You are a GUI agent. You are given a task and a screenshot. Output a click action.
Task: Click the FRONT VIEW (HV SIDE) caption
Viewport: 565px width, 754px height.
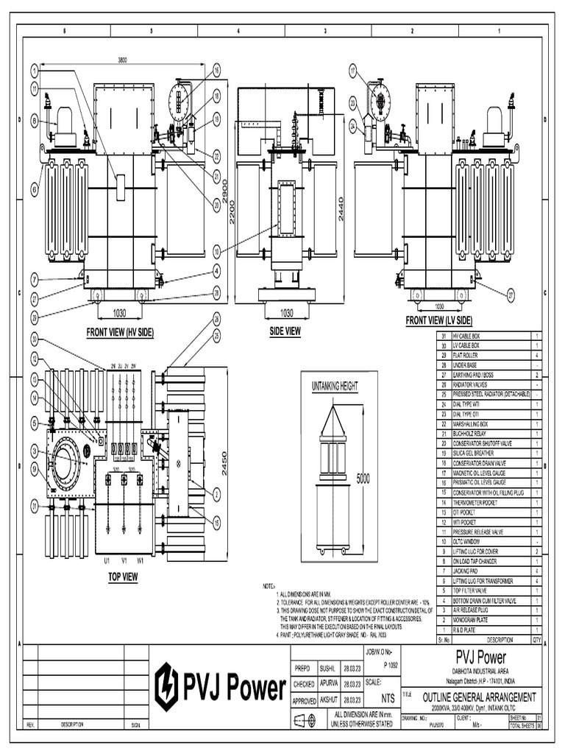pos(120,332)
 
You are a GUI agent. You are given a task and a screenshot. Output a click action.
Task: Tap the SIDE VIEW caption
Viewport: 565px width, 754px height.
pos(285,331)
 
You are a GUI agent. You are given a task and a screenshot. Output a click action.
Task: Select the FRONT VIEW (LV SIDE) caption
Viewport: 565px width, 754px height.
pos(439,320)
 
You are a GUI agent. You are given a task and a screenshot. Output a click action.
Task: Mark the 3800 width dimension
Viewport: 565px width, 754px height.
pos(122,60)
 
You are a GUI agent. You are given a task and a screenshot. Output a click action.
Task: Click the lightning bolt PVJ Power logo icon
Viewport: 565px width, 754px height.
pos(166,686)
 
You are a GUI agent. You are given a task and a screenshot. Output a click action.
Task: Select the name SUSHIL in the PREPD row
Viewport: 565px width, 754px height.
pos(327,669)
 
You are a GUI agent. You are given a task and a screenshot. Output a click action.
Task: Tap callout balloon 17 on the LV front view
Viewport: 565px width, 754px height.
pos(352,71)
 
